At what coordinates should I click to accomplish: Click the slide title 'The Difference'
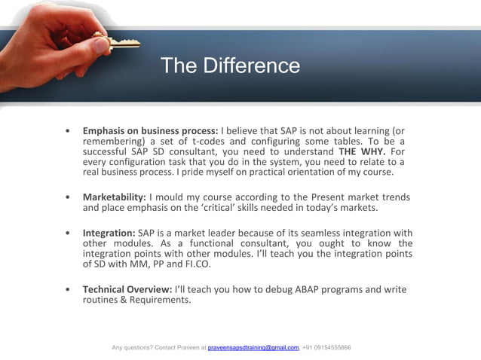pyautogui.click(x=230, y=66)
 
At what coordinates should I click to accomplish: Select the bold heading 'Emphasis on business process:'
pyautogui.click(x=150, y=130)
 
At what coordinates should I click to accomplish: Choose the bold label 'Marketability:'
pyautogui.click(x=114, y=197)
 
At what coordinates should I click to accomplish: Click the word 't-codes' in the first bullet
pyautogui.click(x=212, y=140)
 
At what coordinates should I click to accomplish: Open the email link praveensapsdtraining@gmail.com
pyautogui.click(x=253, y=347)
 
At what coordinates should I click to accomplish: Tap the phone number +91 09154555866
pyautogui.click(x=326, y=347)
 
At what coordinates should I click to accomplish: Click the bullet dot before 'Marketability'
pyautogui.click(x=69, y=197)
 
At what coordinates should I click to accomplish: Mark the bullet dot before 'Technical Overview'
pyautogui.click(x=69, y=289)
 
